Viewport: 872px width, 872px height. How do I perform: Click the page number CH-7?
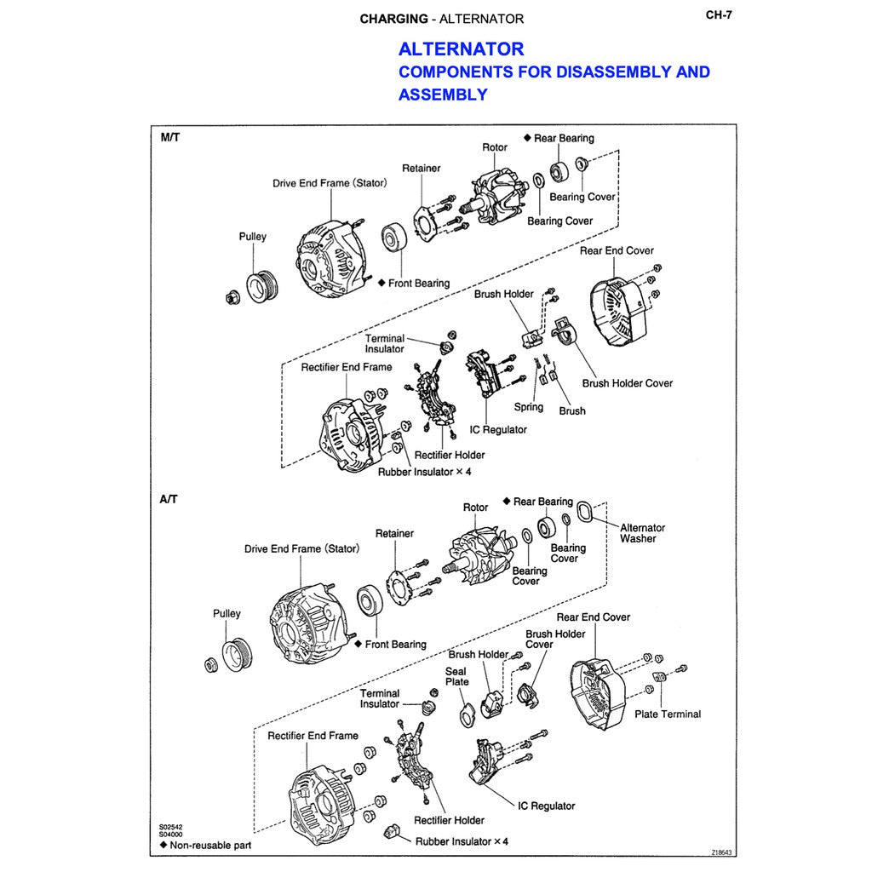pyautogui.click(x=719, y=14)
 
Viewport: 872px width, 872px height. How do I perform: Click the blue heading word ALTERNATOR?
pyautogui.click(x=461, y=49)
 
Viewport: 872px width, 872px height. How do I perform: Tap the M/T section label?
pyautogui.click(x=170, y=137)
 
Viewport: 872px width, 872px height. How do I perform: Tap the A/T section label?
pyautogui.click(x=169, y=499)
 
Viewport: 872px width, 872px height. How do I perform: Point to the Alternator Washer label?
pyautogui.click(x=642, y=533)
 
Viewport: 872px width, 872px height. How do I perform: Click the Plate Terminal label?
pyautogui.click(x=668, y=714)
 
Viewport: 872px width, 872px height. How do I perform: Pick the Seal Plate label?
pyautogui.click(x=456, y=676)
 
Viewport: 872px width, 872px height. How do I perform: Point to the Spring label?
pyautogui.click(x=528, y=407)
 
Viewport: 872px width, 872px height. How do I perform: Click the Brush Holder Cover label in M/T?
pyautogui.click(x=627, y=383)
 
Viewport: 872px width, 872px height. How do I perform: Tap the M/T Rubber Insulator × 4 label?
pyautogui.click(x=424, y=472)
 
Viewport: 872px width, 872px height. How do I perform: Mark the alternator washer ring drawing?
pyautogui.click(x=585, y=512)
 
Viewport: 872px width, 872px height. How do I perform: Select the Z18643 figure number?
pyautogui.click(x=722, y=852)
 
